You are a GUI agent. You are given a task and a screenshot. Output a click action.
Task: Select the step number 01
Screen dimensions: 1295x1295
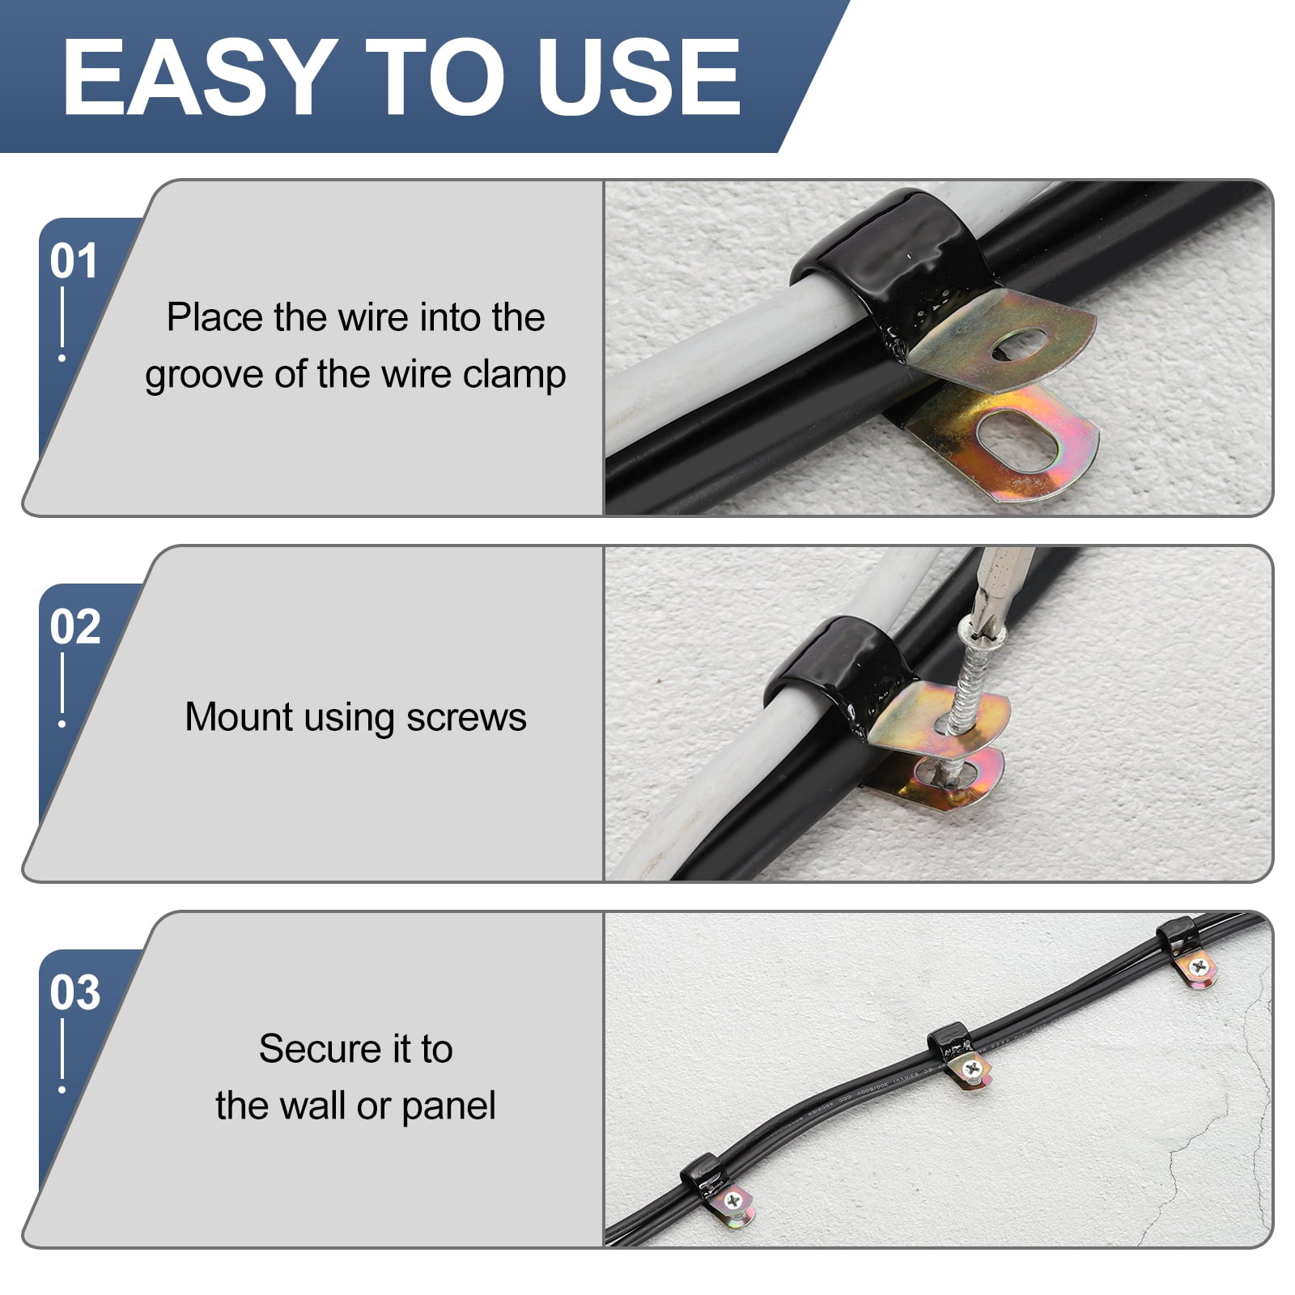[74, 261]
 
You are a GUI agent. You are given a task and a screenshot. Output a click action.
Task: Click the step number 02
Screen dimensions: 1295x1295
[75, 626]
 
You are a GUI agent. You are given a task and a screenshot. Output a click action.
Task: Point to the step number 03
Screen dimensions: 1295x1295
[75, 992]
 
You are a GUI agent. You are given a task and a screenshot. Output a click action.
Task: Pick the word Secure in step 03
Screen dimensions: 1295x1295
[321, 1049]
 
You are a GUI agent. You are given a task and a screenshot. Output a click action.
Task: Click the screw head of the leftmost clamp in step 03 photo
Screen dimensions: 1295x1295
[735, 1201]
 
